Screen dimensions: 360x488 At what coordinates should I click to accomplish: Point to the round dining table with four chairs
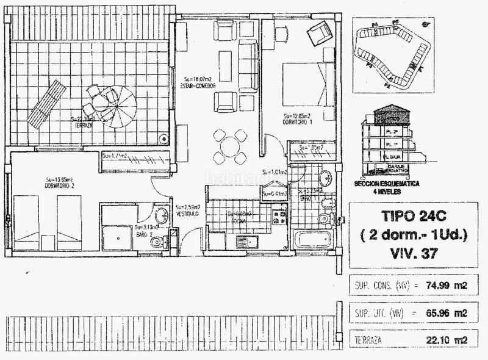pos(229,146)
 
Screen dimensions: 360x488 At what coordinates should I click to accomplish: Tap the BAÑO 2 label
pos(144,234)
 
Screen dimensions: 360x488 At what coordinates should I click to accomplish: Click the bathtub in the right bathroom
pos(312,239)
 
